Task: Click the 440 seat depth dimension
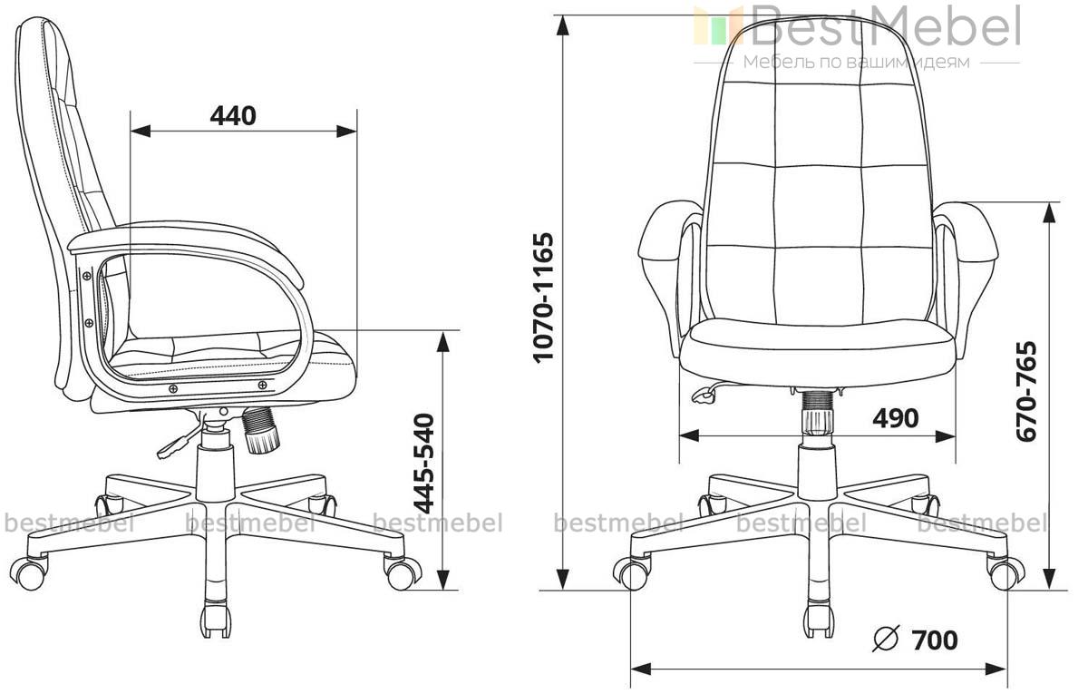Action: (x=233, y=116)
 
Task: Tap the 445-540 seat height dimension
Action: (x=423, y=464)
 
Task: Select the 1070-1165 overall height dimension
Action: (x=543, y=298)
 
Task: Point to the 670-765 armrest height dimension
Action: (x=1026, y=392)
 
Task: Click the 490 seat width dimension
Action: (x=896, y=417)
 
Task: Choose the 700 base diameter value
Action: (x=935, y=640)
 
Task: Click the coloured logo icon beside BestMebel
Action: (x=717, y=25)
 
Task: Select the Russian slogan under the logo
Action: (x=857, y=63)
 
